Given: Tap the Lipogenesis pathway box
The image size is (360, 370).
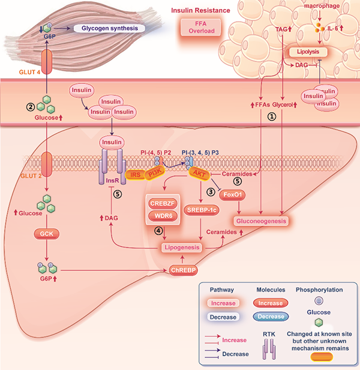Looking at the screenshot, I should coord(184,246).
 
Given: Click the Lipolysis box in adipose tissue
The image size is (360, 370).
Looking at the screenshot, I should coord(308,52).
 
